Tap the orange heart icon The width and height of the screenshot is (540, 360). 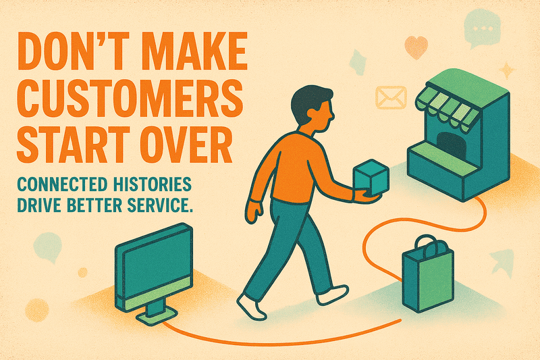[x=416, y=47]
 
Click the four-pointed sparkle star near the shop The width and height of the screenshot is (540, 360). [x=506, y=70]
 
